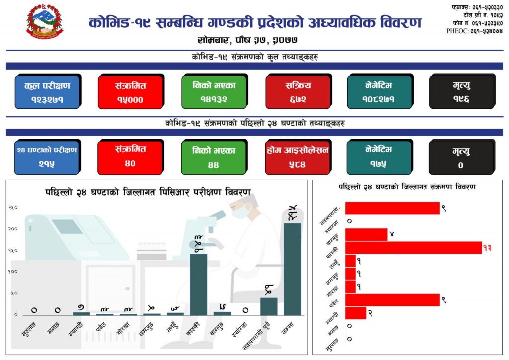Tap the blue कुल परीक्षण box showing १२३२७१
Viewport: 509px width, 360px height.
[x=47, y=92]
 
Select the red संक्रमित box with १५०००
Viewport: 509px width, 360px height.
[x=130, y=92]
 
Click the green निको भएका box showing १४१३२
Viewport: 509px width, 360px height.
[x=214, y=92]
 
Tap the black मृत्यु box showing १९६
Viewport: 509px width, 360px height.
[x=461, y=92]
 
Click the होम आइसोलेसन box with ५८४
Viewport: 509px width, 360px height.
[x=298, y=157]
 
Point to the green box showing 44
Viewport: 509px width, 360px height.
[x=214, y=157]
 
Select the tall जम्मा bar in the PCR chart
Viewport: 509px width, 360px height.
[x=292, y=269]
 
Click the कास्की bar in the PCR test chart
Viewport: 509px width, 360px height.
[x=199, y=284]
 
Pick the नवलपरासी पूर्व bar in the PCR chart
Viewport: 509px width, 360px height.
[x=269, y=306]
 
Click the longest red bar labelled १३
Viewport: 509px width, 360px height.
[x=413, y=248]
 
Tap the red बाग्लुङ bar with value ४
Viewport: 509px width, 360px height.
[x=366, y=234]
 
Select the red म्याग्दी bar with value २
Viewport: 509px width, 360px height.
[x=356, y=313]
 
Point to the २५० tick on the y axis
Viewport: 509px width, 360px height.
[x=13, y=207]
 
